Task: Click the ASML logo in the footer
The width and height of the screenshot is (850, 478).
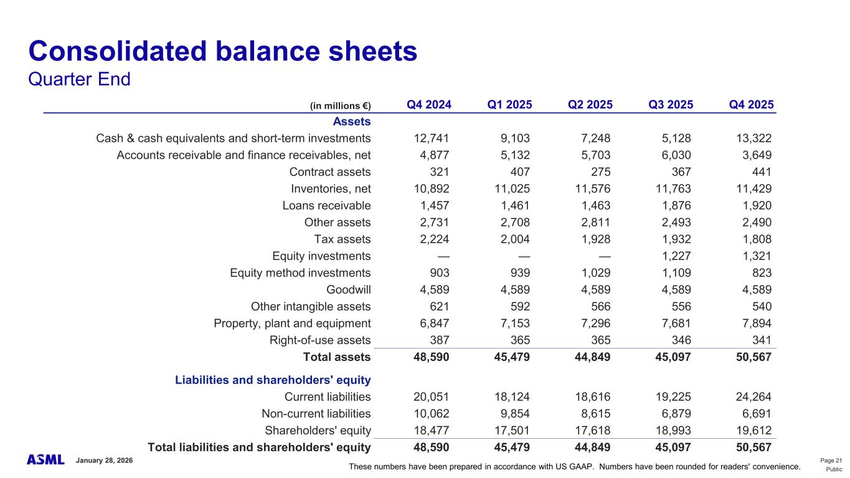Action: [x=45, y=459]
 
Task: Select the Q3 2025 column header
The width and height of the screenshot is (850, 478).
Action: [x=671, y=105]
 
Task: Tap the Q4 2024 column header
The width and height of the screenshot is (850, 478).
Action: [x=429, y=105]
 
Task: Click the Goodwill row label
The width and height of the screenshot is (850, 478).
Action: [x=348, y=289]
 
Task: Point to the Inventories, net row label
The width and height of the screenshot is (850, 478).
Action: [x=331, y=189]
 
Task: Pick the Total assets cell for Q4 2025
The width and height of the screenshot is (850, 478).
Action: [x=750, y=357]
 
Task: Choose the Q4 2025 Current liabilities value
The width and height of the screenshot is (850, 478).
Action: [x=752, y=397]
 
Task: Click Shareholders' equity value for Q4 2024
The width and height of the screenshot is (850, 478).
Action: [x=431, y=431]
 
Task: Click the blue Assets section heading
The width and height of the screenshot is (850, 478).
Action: [x=352, y=121]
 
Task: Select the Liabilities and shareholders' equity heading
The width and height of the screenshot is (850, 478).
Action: [x=273, y=380]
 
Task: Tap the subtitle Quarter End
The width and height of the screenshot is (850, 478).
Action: [x=79, y=80]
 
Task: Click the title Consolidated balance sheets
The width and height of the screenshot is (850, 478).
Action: [x=222, y=52]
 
